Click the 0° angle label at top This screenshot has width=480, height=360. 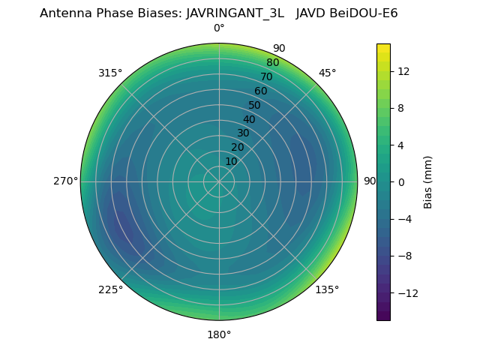(219, 28)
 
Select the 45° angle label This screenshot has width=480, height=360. (327, 73)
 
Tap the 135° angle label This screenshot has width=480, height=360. (327, 289)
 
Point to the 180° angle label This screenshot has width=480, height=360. (219, 334)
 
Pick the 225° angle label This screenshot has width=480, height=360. (110, 290)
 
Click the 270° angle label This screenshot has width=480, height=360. (66, 181)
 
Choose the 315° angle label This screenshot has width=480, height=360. (110, 73)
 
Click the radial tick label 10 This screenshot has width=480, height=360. (231, 161)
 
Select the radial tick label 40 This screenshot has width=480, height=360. (249, 119)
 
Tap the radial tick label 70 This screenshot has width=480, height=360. (266, 76)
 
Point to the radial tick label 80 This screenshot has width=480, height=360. (272, 63)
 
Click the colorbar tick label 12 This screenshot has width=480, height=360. (403, 71)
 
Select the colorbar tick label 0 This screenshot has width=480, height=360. (401, 181)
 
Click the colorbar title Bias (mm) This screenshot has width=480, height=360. (428, 181)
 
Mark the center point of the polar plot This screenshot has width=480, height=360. (219, 181)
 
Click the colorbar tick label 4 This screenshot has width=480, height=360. (401, 145)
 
